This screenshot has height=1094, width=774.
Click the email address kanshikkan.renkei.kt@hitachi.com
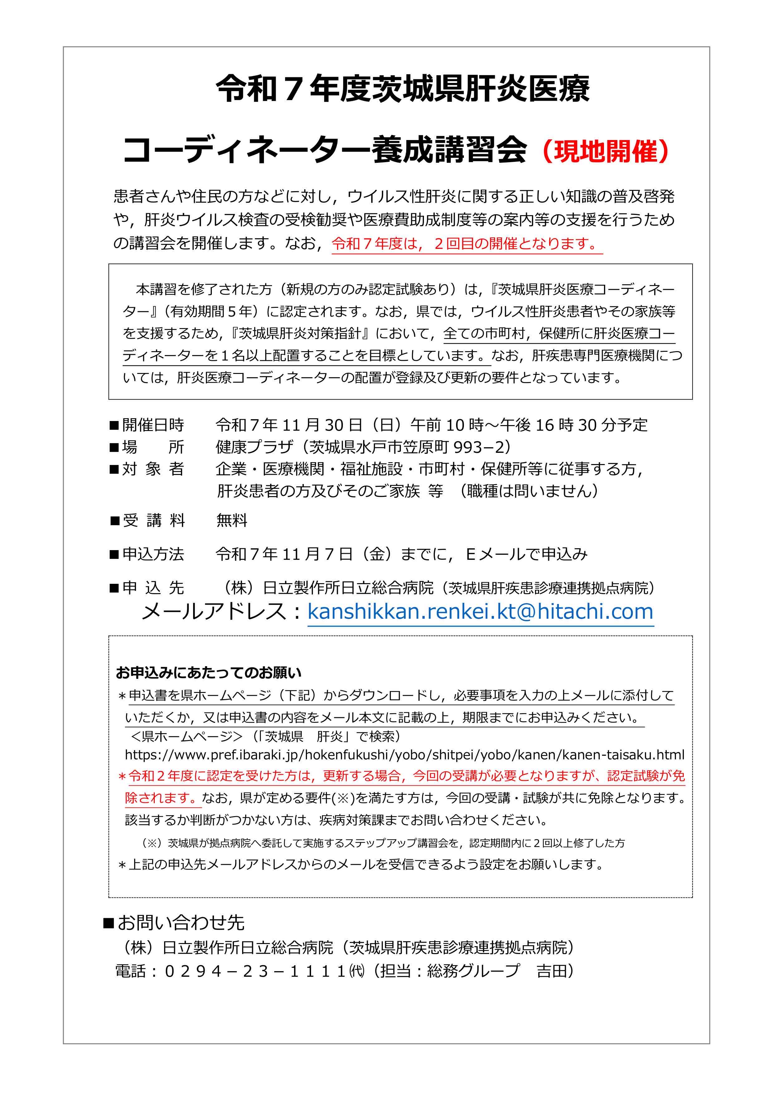tap(480, 611)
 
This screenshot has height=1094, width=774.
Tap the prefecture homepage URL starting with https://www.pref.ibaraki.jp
tap(404, 755)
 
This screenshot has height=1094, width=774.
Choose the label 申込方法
tap(153, 554)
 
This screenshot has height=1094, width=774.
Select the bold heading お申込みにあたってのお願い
tap(208, 673)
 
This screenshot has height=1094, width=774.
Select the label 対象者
tap(153, 469)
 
